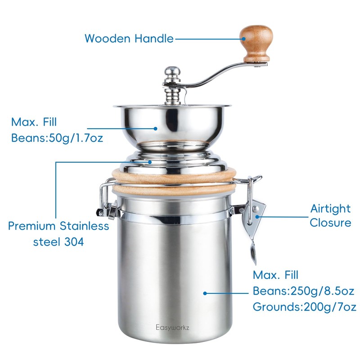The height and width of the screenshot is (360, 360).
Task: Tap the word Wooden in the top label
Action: point(108,38)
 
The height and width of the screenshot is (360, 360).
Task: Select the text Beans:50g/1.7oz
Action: point(57,137)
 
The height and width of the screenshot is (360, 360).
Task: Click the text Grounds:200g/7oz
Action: point(305,307)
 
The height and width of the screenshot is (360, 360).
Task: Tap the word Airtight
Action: point(330,208)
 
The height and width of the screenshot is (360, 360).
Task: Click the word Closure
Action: point(330,223)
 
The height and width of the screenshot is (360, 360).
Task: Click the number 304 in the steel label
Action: point(73,241)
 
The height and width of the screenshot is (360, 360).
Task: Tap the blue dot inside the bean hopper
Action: point(156,128)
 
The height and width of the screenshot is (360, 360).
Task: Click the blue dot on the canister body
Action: point(205,292)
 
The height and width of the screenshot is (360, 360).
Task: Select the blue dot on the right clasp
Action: point(258,216)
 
